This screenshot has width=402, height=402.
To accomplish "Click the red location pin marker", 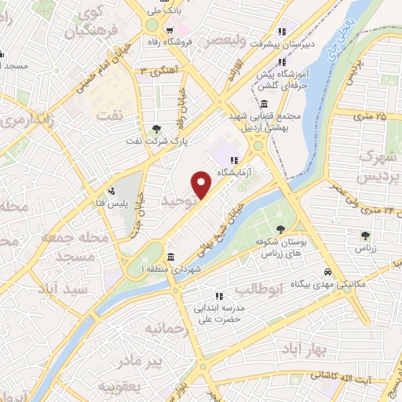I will tap(202, 185).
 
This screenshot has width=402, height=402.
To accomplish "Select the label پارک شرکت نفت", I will tap(156, 141).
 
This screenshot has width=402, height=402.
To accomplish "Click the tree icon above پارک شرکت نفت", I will tap(157, 129).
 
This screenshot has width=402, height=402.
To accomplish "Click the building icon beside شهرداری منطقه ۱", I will tap(170, 258).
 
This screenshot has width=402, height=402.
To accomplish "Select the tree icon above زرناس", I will tap(365, 235).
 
